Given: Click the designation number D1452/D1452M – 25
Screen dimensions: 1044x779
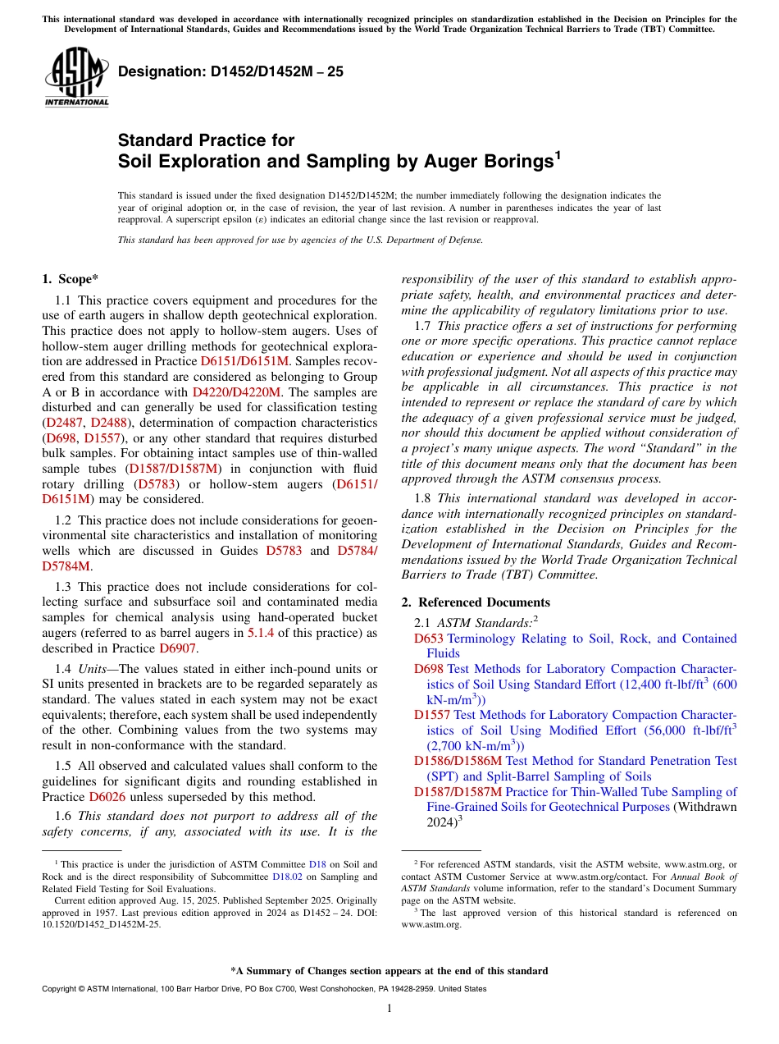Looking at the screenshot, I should [x=230, y=71].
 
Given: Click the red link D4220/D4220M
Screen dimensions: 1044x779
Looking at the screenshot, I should [x=236, y=392].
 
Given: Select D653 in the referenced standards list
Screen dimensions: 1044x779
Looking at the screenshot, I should [x=428, y=639].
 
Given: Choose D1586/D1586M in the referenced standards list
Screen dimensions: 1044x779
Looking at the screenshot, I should [x=458, y=761].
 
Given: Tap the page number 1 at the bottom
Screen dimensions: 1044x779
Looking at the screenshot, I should [x=389, y=1008].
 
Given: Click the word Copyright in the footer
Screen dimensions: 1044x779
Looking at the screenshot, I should [x=61, y=989].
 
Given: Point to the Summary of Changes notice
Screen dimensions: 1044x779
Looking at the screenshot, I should [x=389, y=971].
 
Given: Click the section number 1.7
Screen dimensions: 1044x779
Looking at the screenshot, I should [x=424, y=326].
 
